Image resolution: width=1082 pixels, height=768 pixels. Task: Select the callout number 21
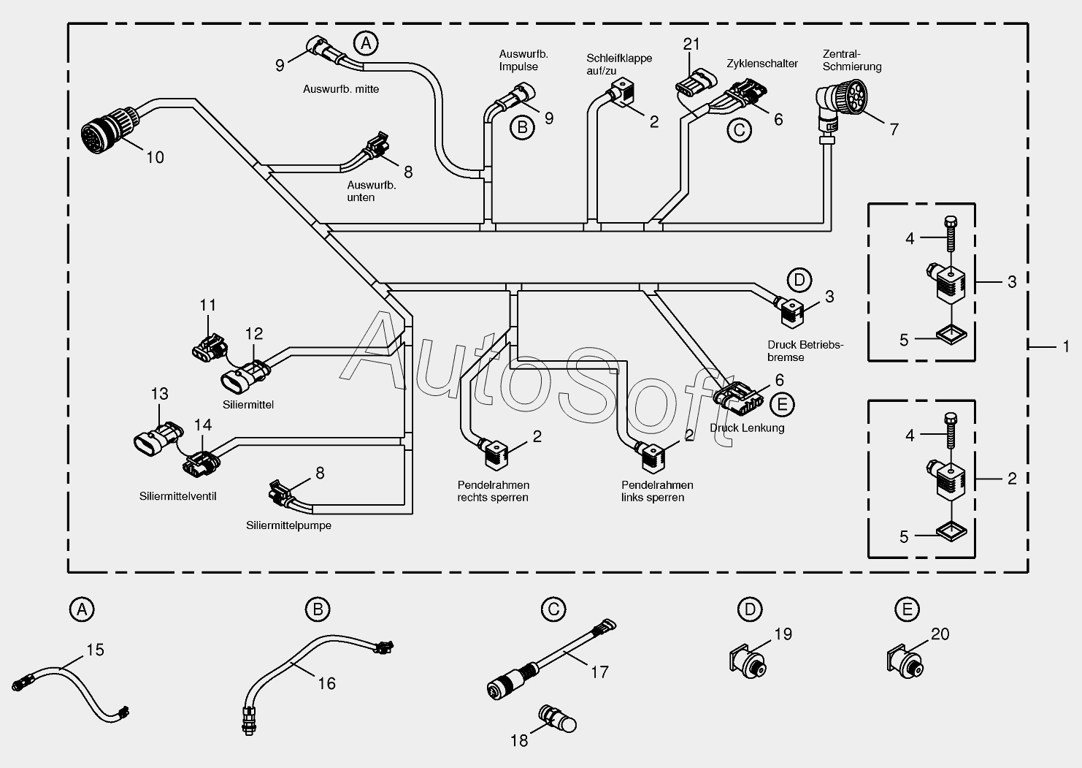click(x=691, y=45)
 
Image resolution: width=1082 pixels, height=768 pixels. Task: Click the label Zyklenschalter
click(x=762, y=64)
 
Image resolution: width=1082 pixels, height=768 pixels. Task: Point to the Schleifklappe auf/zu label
click(x=619, y=64)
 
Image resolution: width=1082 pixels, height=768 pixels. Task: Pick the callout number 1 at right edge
click(x=1066, y=346)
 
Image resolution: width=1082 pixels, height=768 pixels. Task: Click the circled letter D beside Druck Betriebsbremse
click(x=799, y=281)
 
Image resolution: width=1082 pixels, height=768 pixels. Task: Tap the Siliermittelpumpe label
click(x=289, y=525)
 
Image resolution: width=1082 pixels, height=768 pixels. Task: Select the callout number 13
click(x=159, y=394)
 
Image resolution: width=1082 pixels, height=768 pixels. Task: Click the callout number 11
click(x=207, y=305)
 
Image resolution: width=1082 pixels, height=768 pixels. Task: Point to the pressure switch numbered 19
click(x=748, y=661)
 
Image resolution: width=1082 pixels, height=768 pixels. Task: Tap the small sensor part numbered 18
click(x=558, y=718)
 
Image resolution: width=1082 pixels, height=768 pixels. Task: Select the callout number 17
click(x=599, y=672)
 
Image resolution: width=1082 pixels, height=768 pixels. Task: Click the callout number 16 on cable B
click(x=326, y=683)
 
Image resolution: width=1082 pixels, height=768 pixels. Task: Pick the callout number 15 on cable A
click(x=95, y=650)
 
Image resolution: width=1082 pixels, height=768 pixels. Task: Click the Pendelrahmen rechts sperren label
click(x=494, y=491)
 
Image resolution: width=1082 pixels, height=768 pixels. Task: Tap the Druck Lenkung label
click(x=747, y=427)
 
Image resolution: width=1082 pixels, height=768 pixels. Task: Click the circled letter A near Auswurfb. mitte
click(x=366, y=44)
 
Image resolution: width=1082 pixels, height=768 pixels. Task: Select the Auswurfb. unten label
click(x=372, y=191)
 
